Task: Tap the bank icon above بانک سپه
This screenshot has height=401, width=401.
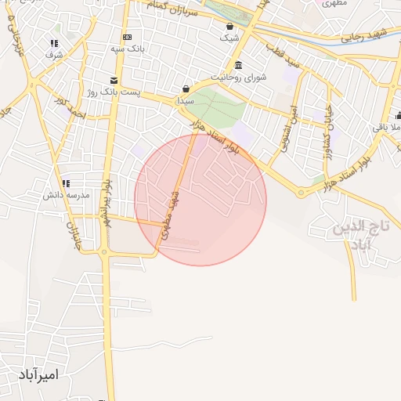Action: pos(128,38)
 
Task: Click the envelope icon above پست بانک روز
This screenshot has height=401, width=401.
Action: pos(114,80)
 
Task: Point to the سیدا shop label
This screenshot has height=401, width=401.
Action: pos(185,101)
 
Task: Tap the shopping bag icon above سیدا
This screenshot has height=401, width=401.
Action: pos(185,89)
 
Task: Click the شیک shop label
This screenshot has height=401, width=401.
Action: pos(229,37)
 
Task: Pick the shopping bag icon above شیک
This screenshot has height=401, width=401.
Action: pos(229,25)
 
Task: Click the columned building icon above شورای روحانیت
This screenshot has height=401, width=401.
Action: pos(238,64)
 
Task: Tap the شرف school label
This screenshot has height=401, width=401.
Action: pos(53,55)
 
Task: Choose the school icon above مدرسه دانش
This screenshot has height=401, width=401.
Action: pos(67,182)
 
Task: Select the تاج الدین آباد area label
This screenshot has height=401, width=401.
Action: pos(361,237)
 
